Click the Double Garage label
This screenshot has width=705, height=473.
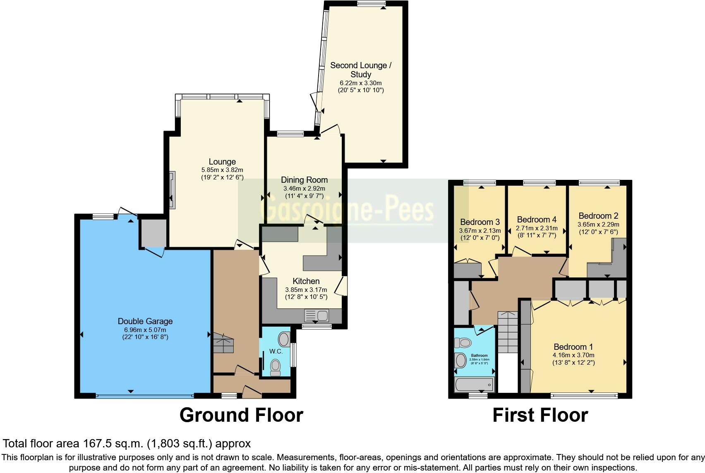pyautogui.click(x=145, y=321)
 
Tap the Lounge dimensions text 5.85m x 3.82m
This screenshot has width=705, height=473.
pyautogui.click(x=222, y=170)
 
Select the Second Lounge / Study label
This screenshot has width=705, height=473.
pyautogui.click(x=360, y=70)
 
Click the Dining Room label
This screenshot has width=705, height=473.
pyautogui.click(x=304, y=180)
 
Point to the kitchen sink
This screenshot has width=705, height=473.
pyautogui.click(x=316, y=316)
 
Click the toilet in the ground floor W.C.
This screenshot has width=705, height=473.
pyautogui.click(x=275, y=366)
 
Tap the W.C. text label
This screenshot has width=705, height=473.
pyautogui.click(x=276, y=351)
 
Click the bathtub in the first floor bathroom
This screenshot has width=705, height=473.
pyautogui.click(x=474, y=384)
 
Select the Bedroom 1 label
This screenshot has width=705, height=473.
pyautogui.click(x=573, y=347)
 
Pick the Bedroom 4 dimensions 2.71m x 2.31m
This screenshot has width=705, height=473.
pyautogui.click(x=536, y=228)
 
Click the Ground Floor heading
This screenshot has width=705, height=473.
pyautogui.click(x=241, y=415)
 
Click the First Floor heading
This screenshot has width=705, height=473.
pyautogui.click(x=540, y=415)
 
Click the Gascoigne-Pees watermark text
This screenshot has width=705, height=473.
pyautogui.click(x=348, y=210)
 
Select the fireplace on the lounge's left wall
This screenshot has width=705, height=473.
pyautogui.click(x=172, y=190)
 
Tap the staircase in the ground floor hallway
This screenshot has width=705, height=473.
pyautogui.click(x=223, y=342)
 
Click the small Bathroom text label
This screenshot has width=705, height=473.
pyautogui.click(x=480, y=356)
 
